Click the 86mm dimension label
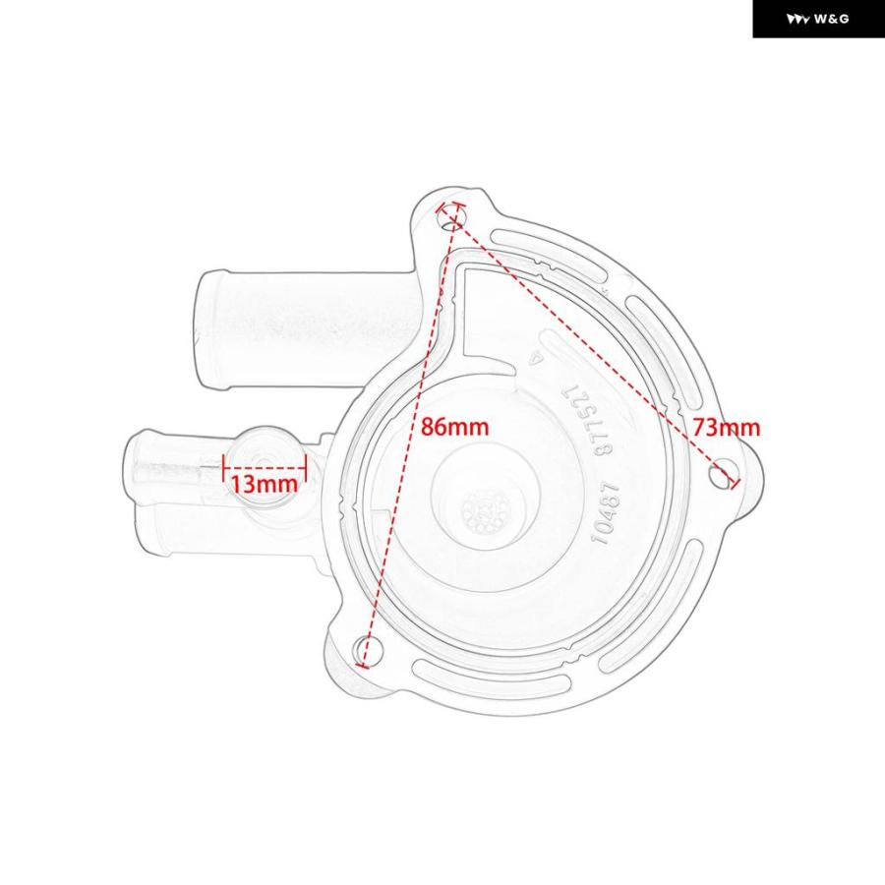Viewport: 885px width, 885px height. click(x=454, y=426)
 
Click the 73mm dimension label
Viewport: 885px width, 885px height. click(x=727, y=428)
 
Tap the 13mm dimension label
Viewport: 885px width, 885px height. click(x=265, y=484)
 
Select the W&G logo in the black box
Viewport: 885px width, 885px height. click(x=818, y=20)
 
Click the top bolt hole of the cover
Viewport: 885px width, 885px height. click(x=453, y=219)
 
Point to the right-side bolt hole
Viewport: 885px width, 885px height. click(x=724, y=474)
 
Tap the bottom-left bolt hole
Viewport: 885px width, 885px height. click(x=368, y=650)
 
